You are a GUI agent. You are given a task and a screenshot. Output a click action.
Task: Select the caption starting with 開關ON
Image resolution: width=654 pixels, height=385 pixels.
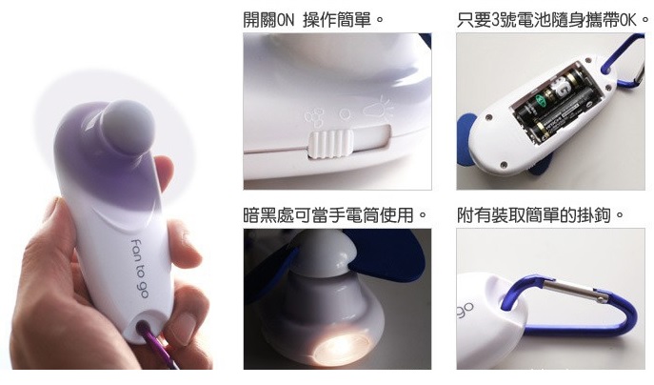(x=314, y=19)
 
